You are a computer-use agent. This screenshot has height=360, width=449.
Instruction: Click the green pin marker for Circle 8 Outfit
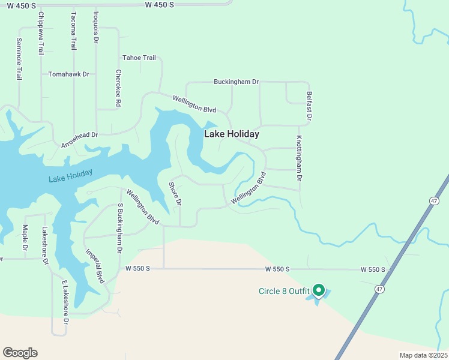pyautogui.click(x=319, y=291)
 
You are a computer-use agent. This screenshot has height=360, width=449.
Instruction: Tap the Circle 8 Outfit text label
pyautogui.click(x=284, y=292)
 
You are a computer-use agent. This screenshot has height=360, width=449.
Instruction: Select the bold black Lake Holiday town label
pyautogui.click(x=232, y=134)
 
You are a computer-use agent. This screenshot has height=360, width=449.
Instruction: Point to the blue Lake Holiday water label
pyautogui.click(x=71, y=176)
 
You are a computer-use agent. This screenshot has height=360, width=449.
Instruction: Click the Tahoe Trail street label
pyautogui.click(x=139, y=58)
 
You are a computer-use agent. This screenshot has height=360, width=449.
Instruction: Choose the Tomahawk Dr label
pyautogui.click(x=68, y=74)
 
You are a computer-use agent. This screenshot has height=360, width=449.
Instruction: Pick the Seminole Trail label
pyautogui.click(x=19, y=59)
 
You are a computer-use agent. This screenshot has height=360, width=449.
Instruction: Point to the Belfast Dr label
pyautogui.click(x=309, y=107)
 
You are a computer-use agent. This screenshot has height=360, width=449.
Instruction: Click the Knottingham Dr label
pyautogui.click(x=298, y=158)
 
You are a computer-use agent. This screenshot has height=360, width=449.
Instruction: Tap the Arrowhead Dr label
pyautogui.click(x=79, y=140)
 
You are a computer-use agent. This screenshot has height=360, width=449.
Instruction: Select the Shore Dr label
pyautogui.click(x=175, y=193)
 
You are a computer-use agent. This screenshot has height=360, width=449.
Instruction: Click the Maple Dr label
pyautogui.click(x=25, y=238)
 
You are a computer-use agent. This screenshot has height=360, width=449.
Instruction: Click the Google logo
pyautogui.click(x=20, y=353)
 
